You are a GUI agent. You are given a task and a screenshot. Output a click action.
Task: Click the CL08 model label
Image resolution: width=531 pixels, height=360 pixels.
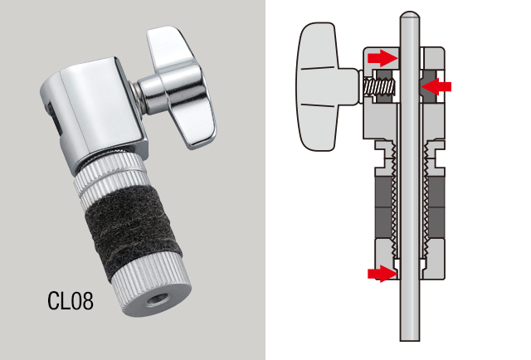click(x=70, y=300)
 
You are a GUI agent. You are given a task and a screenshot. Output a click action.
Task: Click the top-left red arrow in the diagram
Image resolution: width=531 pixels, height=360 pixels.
click(x=382, y=57)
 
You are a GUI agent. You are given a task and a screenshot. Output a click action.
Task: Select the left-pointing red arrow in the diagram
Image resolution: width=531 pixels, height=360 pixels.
click(x=436, y=87)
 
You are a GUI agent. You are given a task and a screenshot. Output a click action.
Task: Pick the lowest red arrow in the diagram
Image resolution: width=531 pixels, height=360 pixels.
click(x=382, y=273)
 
